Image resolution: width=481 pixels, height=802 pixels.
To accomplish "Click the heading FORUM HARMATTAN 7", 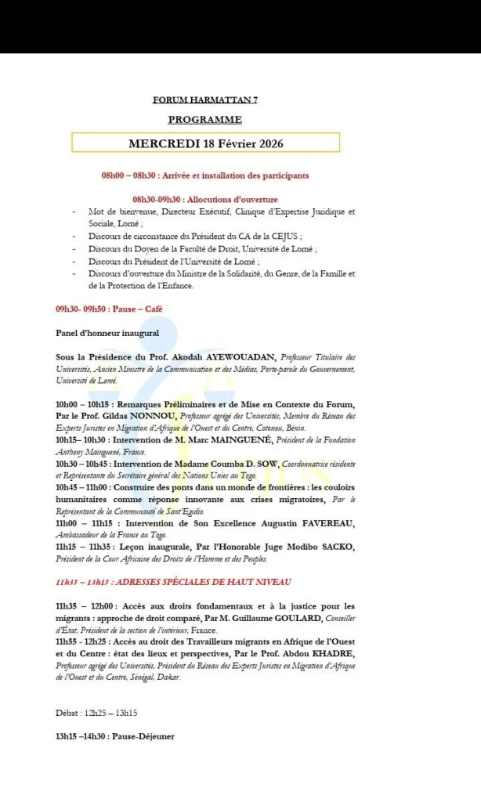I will pyautogui.click(x=204, y=100).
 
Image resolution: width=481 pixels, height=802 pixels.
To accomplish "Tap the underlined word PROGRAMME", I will pyautogui.click(x=204, y=120).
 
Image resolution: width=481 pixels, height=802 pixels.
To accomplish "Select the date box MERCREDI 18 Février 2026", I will pyautogui.click(x=205, y=143).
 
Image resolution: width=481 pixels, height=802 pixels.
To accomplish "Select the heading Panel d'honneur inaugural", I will pyautogui.click(x=107, y=333).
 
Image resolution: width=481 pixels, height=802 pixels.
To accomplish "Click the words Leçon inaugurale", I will pyautogui.click(x=156, y=547).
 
